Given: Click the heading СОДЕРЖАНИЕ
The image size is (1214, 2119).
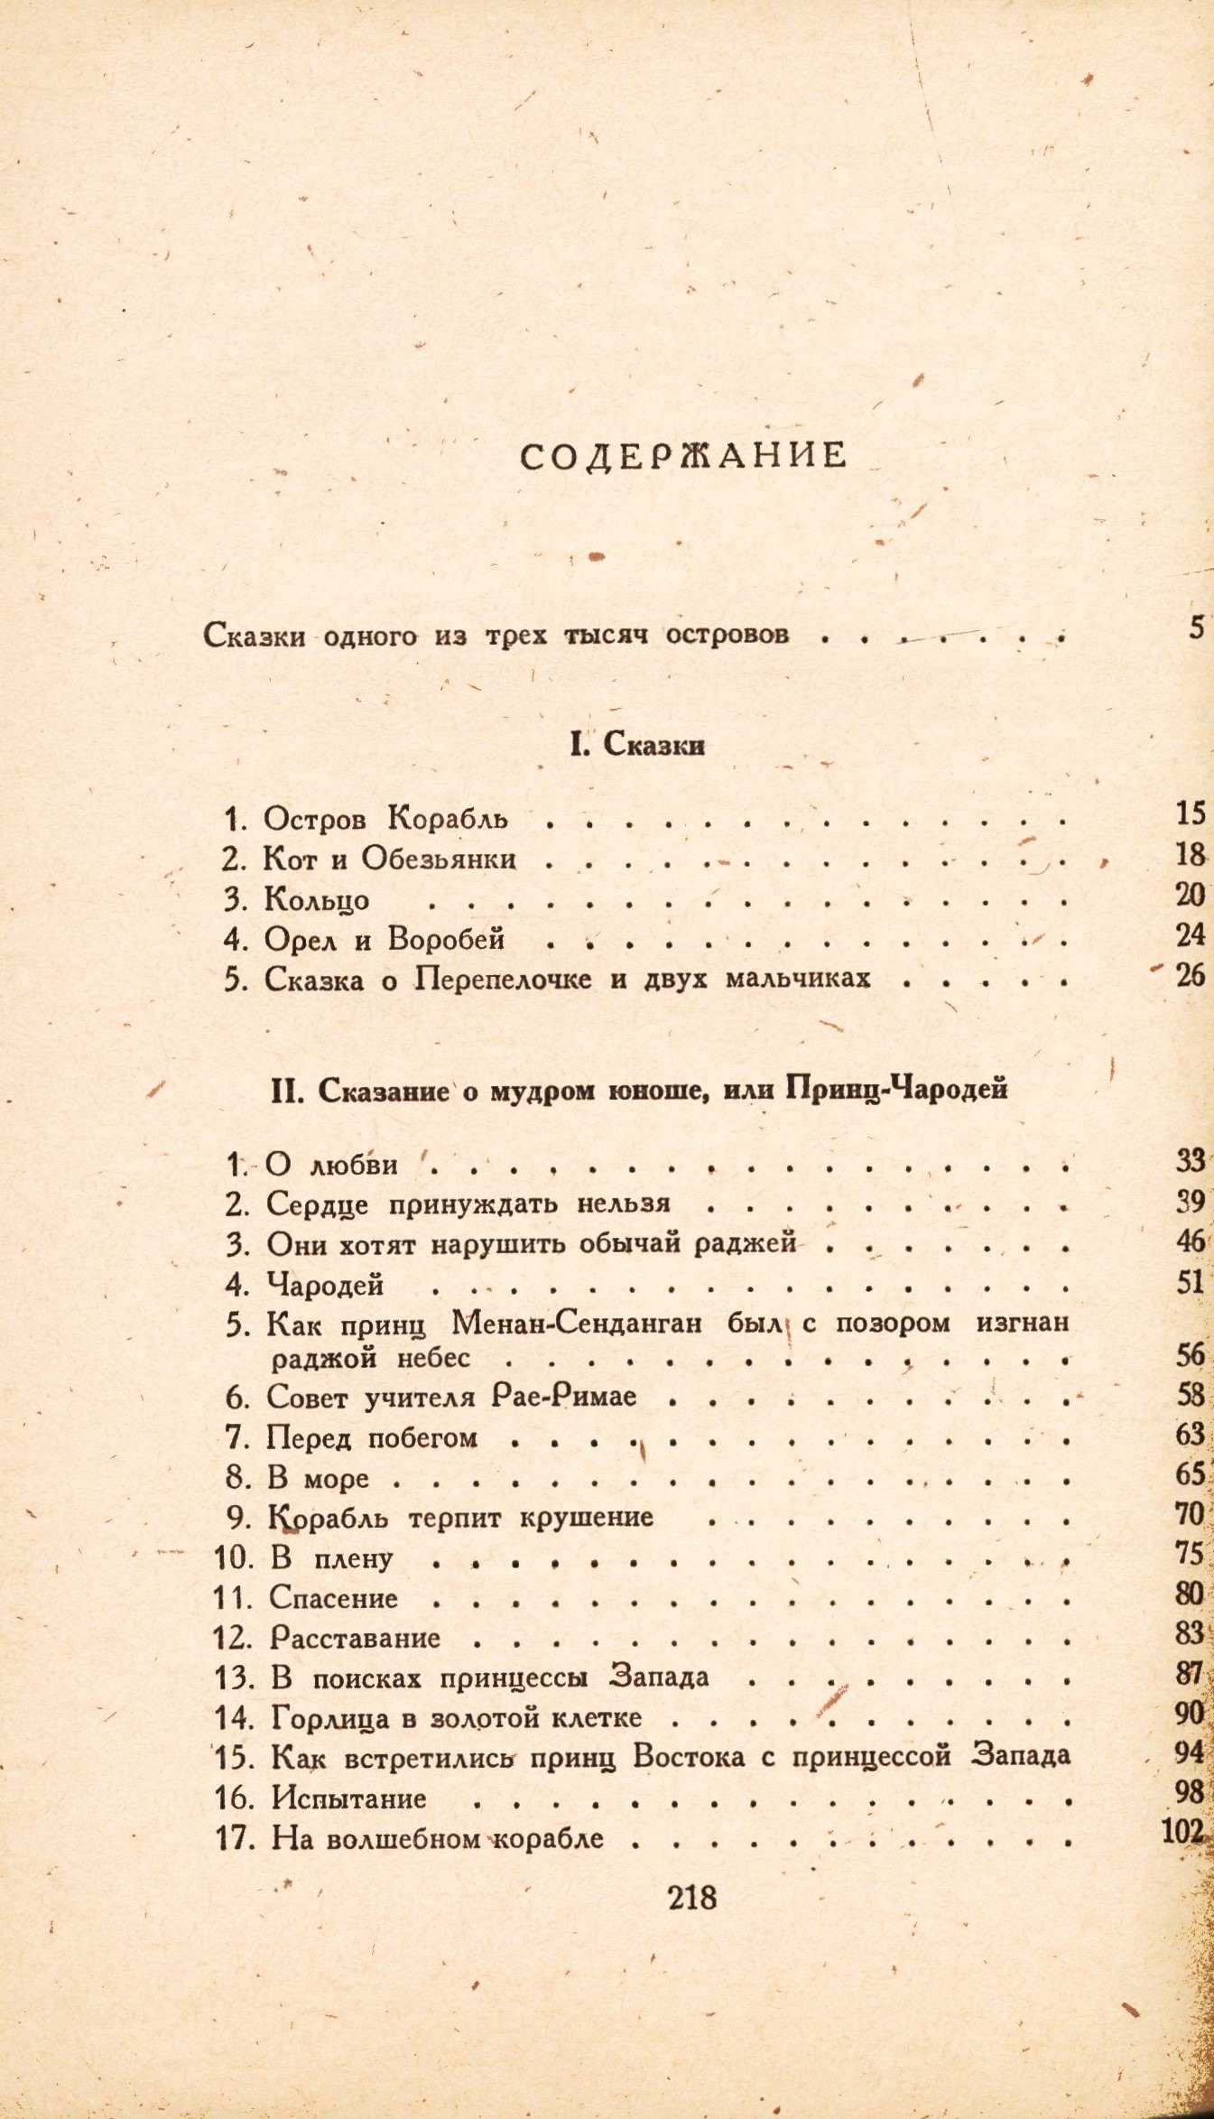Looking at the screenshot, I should click(x=684, y=455).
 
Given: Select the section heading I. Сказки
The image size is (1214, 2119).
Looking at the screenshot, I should click(x=637, y=745).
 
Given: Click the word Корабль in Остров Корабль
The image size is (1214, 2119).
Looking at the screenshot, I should click(x=448, y=818).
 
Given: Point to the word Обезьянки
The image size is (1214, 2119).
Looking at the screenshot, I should click(x=439, y=858).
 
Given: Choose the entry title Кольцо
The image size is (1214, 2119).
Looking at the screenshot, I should click(x=317, y=899).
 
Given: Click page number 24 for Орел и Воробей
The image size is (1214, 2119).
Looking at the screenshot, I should click(x=1191, y=935).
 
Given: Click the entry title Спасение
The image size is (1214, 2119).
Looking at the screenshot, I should click(x=334, y=1599).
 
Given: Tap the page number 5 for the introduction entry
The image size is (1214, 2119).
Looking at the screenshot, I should click(x=1196, y=627).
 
